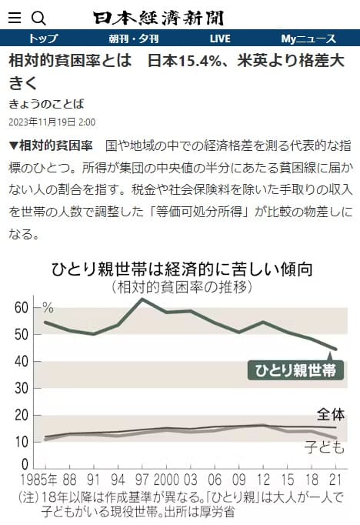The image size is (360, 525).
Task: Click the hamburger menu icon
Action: pos(14,18)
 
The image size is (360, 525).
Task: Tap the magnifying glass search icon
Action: pos(38,18)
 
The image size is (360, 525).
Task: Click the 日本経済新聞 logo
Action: pos(159,17)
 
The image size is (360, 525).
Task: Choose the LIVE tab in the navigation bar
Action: pos(220,38)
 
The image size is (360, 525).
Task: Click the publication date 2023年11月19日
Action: pos(43,122)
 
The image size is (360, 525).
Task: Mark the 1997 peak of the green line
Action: pos(142,299)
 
